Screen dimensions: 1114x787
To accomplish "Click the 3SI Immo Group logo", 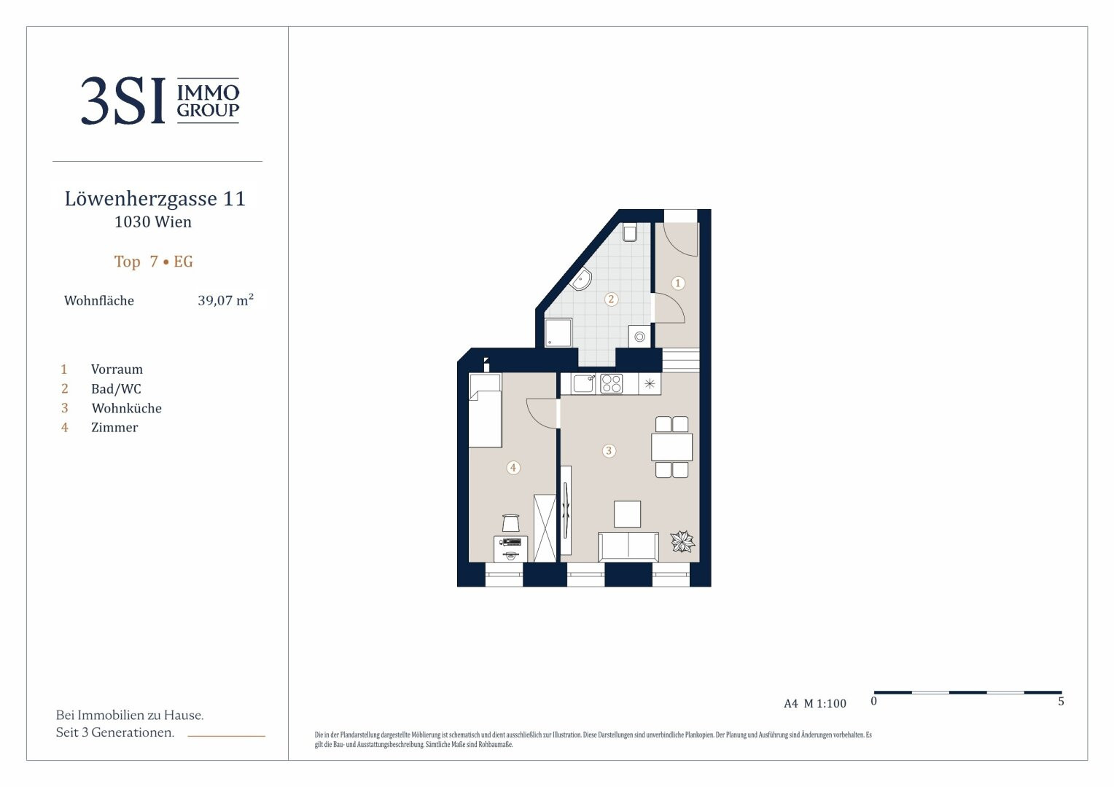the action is point(160,101).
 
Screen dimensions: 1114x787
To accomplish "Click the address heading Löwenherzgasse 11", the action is point(155,199).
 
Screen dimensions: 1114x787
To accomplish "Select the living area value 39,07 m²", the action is point(226,299).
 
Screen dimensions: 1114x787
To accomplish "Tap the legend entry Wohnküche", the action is point(126,408).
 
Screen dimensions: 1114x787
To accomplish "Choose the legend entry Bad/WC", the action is point(116,389).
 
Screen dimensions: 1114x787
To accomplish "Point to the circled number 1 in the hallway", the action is point(678,283).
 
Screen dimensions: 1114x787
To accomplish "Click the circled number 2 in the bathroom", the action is point(611,299).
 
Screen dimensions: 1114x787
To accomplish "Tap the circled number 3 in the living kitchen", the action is point(609,451).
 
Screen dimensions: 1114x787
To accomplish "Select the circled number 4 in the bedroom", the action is point(513,468).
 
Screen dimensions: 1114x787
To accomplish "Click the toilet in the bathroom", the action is point(630,232).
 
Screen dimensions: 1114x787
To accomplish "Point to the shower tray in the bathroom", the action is point(558,332).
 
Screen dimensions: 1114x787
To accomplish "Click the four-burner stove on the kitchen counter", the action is point(611,384).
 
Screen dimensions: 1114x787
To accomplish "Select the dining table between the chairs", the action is point(672,447).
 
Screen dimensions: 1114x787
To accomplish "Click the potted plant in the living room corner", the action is point(682,541).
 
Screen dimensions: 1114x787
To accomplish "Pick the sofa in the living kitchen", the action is point(628,547).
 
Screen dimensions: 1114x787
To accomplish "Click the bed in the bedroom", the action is point(485,411).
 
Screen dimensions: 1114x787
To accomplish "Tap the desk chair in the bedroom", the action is point(511,523).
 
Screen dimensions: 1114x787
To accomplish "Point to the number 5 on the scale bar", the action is point(1061,702).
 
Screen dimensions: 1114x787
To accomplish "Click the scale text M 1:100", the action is point(825,703).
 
